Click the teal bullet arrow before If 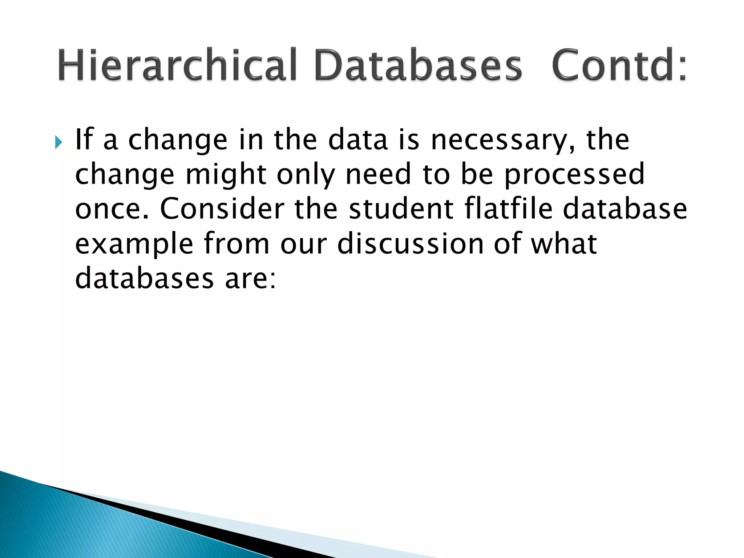pos(58,142)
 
